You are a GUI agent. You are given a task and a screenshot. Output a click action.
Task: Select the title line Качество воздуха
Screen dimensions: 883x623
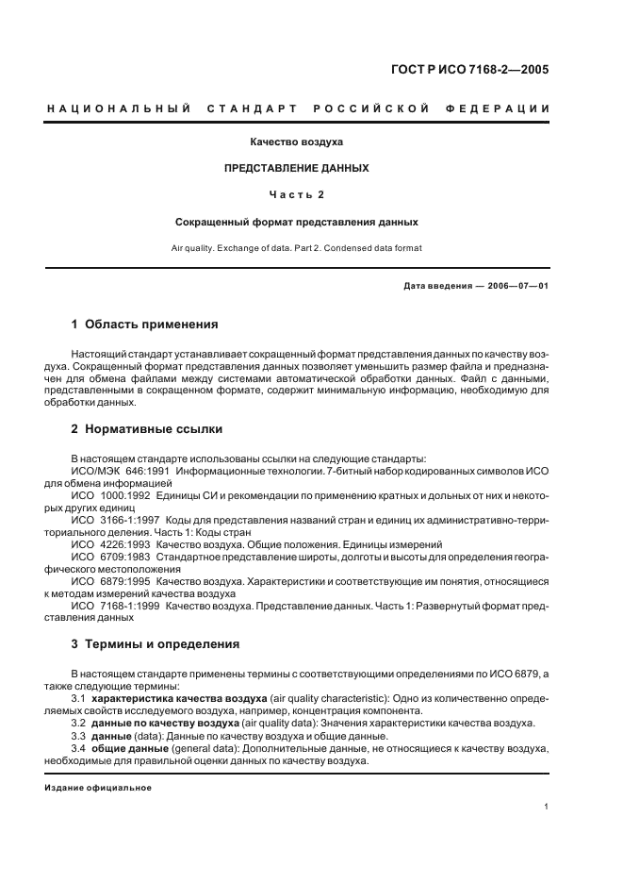(x=296, y=142)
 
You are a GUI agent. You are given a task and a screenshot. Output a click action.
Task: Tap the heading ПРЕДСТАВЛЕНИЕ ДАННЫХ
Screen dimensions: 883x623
(x=296, y=168)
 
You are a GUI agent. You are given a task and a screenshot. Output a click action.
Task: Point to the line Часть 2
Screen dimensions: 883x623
(x=296, y=195)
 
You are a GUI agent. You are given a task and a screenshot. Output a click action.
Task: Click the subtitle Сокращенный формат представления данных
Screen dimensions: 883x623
(x=296, y=223)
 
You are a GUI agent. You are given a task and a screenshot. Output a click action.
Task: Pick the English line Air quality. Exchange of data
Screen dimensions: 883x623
(x=296, y=247)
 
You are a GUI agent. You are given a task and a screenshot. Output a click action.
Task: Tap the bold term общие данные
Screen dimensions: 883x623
(x=121, y=748)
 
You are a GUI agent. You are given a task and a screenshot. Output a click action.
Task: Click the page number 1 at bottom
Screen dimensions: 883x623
(x=547, y=807)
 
